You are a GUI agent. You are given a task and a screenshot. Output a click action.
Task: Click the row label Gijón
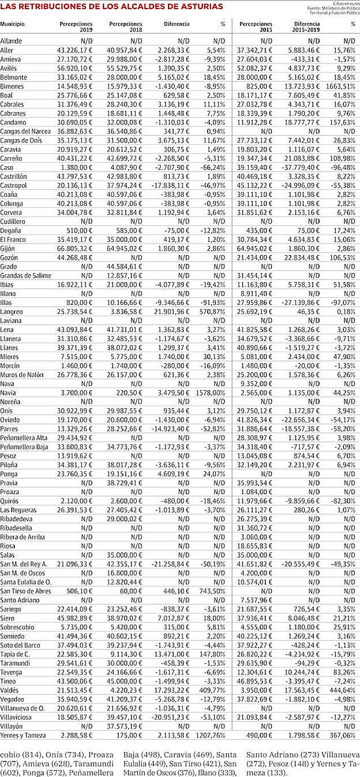8,248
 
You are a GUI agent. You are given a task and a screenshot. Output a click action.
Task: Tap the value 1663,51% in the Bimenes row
343,86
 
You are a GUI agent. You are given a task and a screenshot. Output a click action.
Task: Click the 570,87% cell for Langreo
213,311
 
